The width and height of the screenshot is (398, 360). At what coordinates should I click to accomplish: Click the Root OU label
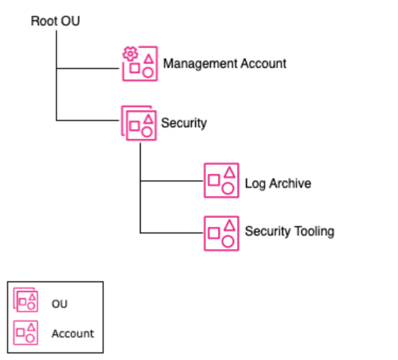tap(55, 22)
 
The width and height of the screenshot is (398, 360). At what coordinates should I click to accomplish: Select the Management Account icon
tap(139, 64)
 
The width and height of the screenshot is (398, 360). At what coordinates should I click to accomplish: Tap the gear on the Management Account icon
tap(129, 54)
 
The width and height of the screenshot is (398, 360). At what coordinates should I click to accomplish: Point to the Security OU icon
tap(139, 123)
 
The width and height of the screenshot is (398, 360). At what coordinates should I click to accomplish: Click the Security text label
tap(184, 123)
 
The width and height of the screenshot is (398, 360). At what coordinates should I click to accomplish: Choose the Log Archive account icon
tap(221, 181)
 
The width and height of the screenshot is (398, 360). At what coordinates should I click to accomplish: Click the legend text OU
tap(59, 304)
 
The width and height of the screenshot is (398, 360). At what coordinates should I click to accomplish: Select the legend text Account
tap(73, 333)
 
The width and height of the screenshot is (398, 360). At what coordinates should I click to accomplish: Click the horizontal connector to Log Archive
tap(172, 181)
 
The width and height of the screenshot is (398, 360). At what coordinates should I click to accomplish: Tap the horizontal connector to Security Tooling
tap(172, 232)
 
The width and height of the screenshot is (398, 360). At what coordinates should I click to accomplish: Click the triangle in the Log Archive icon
tap(229, 172)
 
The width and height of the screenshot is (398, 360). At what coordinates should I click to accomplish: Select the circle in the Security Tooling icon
tap(228, 241)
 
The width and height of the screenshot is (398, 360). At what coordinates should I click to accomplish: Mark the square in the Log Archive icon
tap(213, 181)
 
